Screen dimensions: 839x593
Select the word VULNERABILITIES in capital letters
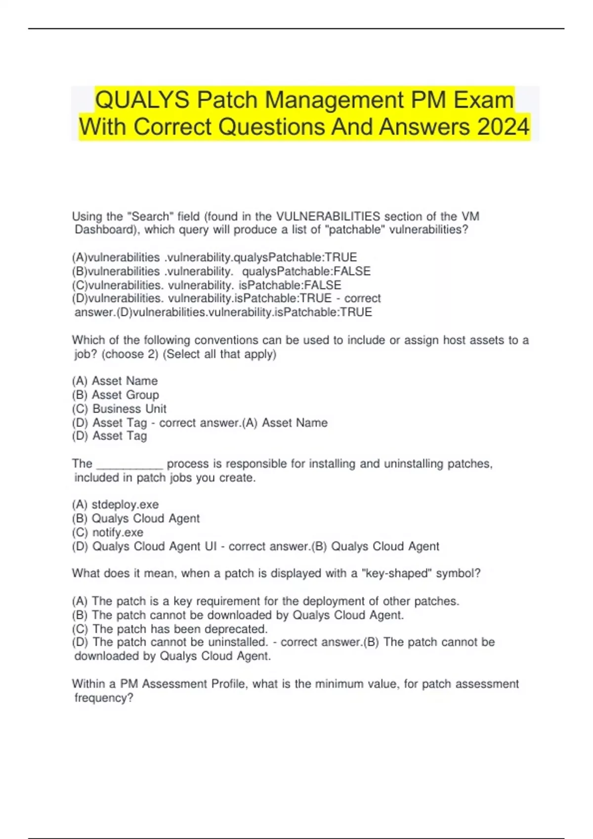point(328,216)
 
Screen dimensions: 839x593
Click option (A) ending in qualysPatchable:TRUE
point(214,258)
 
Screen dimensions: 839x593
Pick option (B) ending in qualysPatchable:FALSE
point(221,271)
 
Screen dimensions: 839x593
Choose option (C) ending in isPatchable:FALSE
point(207,285)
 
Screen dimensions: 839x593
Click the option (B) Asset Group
point(116,395)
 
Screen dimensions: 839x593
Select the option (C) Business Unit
point(119,409)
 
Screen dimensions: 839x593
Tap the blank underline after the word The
point(129,464)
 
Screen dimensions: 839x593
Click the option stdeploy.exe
point(125,505)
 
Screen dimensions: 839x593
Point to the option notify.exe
point(118,533)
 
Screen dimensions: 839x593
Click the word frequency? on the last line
point(104,698)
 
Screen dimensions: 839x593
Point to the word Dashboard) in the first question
point(107,230)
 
